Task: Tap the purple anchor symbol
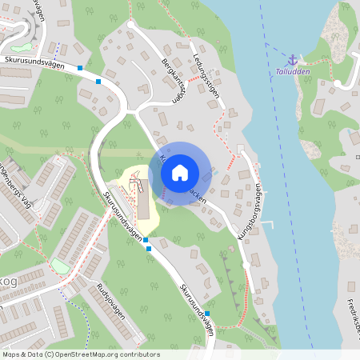pyautogui.click(x=293, y=60)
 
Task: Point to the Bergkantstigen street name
pyautogui.click(x=174, y=81)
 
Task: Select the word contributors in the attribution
pyautogui.click(x=138, y=354)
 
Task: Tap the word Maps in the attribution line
pyautogui.click(x=11, y=354)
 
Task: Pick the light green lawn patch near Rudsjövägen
pyautogui.click(x=61, y=265)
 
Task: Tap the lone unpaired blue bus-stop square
pyautogui.click(x=207, y=314)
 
